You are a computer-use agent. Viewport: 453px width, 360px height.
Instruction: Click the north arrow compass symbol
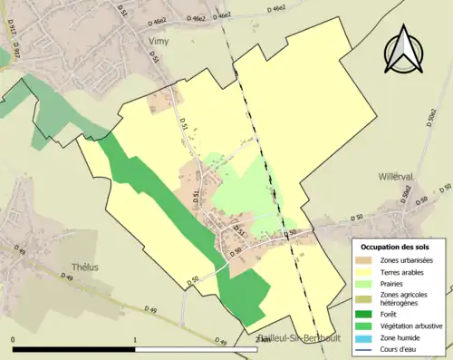tap(405, 52)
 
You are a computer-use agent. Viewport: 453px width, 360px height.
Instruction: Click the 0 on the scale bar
tap(13, 339)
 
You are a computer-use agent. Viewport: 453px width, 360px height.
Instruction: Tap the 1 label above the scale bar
tap(135, 339)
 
